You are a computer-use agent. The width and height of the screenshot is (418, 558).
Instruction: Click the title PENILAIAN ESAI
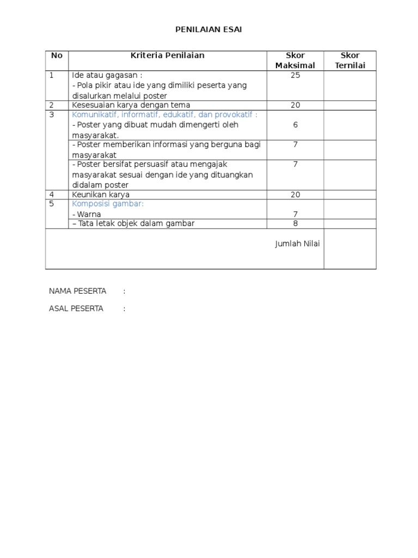[208, 29]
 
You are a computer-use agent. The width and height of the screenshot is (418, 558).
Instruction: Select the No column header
[57, 55]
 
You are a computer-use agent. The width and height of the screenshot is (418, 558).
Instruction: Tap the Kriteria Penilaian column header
[167, 55]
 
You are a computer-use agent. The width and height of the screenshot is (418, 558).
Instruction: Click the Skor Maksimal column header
[295, 60]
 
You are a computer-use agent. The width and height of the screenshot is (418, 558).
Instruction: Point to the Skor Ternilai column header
[350, 60]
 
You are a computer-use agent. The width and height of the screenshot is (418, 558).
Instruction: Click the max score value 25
[295, 75]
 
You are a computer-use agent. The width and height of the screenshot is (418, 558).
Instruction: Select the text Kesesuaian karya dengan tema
[131, 105]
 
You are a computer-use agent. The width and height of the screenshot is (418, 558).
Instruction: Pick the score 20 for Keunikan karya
[295, 195]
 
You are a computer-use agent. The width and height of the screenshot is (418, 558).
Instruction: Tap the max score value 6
[295, 125]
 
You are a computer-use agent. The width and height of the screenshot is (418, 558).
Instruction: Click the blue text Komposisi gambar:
[108, 203]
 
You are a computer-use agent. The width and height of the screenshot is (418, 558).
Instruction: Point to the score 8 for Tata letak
[295, 223]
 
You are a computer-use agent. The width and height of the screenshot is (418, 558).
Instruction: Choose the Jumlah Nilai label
[297, 244]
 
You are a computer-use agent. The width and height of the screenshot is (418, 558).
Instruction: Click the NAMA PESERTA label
[77, 291]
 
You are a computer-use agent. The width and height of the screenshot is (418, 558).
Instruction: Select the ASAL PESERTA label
[76, 308]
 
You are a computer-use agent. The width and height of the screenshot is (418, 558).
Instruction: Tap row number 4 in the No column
[52, 195]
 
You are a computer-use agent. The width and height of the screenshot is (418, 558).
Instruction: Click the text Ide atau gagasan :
[107, 75]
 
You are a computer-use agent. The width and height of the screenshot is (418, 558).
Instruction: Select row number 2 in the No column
[52, 105]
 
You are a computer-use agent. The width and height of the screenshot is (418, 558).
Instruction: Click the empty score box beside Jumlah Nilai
[350, 248]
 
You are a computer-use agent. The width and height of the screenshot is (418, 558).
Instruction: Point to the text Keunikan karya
[101, 195]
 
